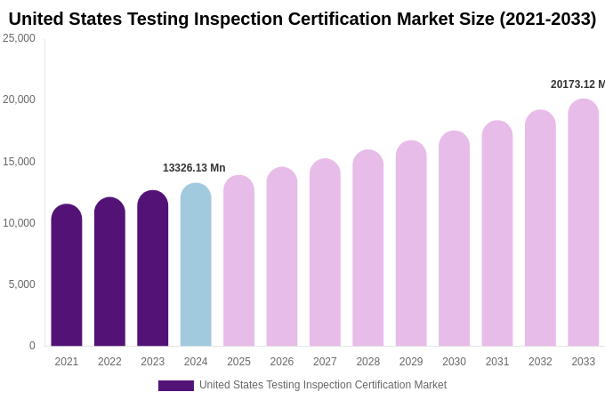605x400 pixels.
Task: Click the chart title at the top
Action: click(302, 19)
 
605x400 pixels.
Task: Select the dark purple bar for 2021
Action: click(67, 276)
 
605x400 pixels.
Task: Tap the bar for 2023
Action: click(153, 268)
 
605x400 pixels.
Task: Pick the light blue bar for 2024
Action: click(196, 265)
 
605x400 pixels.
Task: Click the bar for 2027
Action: click(325, 252)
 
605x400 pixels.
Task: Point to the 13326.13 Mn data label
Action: click(194, 168)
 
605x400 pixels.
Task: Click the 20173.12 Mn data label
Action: click(577, 84)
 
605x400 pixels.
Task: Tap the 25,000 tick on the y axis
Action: click(19, 38)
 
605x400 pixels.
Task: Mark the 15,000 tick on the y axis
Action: click(19, 162)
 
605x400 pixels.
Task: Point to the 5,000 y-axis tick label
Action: click(21, 284)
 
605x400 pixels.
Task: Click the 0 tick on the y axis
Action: click(32, 346)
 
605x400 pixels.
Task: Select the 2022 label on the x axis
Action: click(109, 362)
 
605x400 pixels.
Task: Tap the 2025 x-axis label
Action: click(238, 362)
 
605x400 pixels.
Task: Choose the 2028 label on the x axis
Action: click(368, 362)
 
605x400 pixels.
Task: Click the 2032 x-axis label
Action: click(540, 362)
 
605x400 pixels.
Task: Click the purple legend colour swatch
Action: click(176, 386)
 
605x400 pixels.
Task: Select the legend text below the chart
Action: click(323, 385)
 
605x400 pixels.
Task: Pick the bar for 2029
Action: click(411, 244)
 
